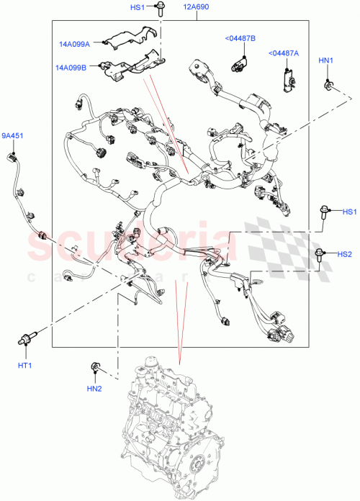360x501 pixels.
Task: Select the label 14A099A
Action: [75, 44]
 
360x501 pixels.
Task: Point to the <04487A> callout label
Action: [286, 53]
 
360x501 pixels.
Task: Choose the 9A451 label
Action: [12, 135]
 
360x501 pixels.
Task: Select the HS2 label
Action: [345, 253]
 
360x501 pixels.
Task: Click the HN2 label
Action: [94, 389]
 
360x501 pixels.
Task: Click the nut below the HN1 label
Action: [329, 86]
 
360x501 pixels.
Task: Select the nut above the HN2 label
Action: [94, 369]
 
